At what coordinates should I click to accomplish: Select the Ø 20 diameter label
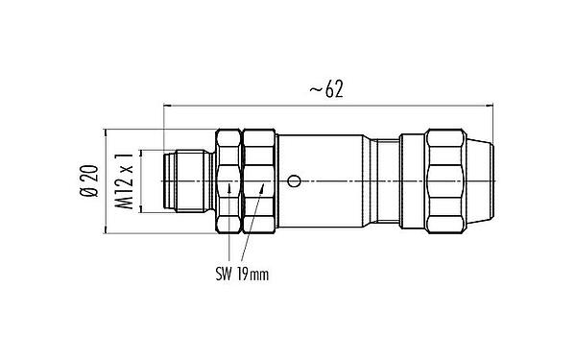click(x=88, y=180)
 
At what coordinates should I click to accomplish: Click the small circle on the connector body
click(x=296, y=180)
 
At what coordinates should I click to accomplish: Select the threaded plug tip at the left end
click(x=184, y=180)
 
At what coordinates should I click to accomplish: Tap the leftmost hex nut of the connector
click(x=228, y=180)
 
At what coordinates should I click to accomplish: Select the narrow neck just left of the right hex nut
click(x=386, y=180)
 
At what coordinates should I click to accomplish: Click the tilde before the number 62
click(x=313, y=89)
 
